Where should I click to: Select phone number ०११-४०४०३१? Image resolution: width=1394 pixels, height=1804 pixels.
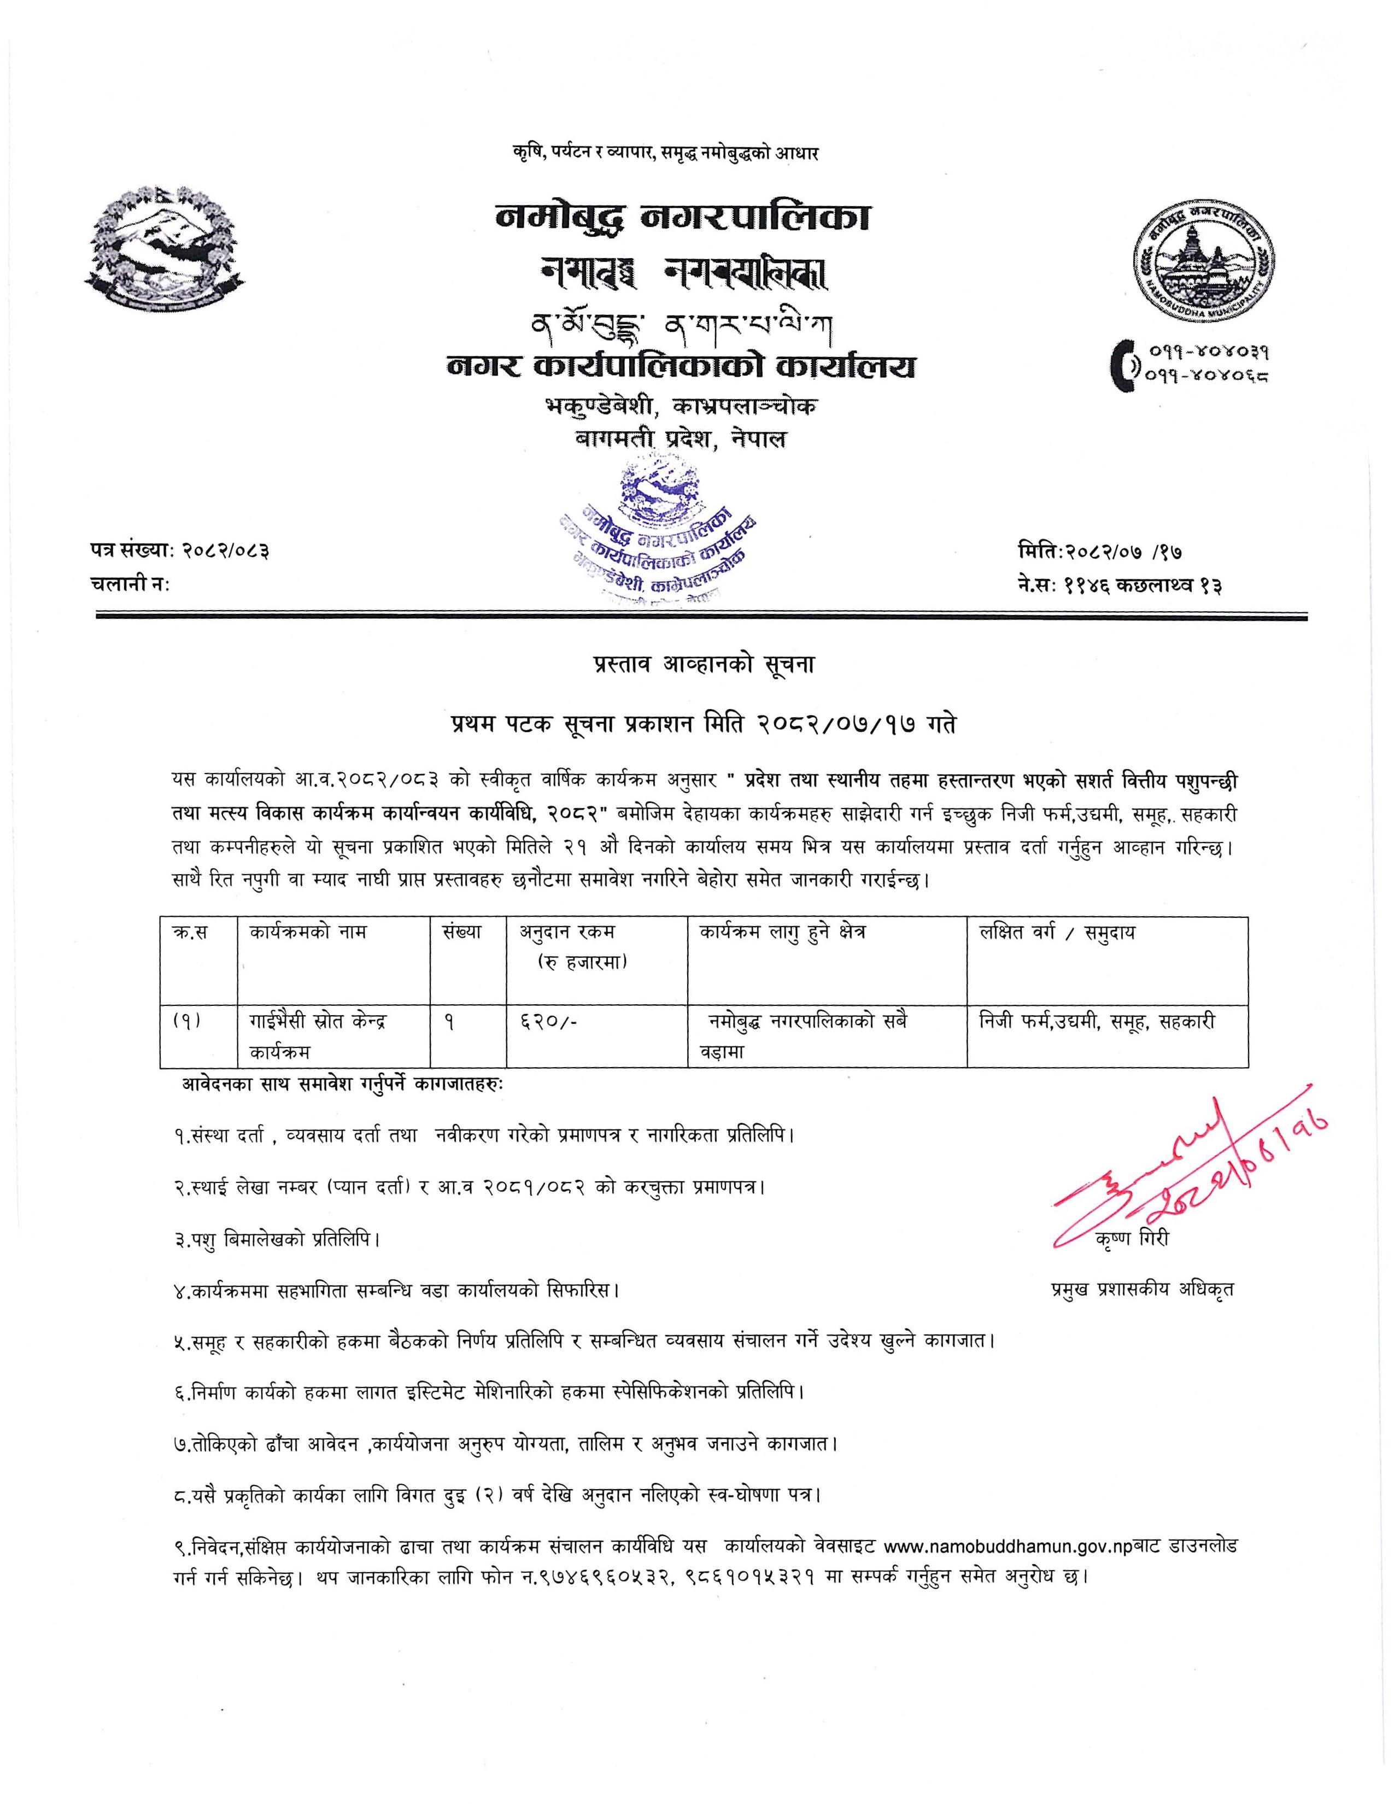(x=1206, y=352)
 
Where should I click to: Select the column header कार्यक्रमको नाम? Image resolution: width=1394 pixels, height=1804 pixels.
(x=307, y=933)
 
